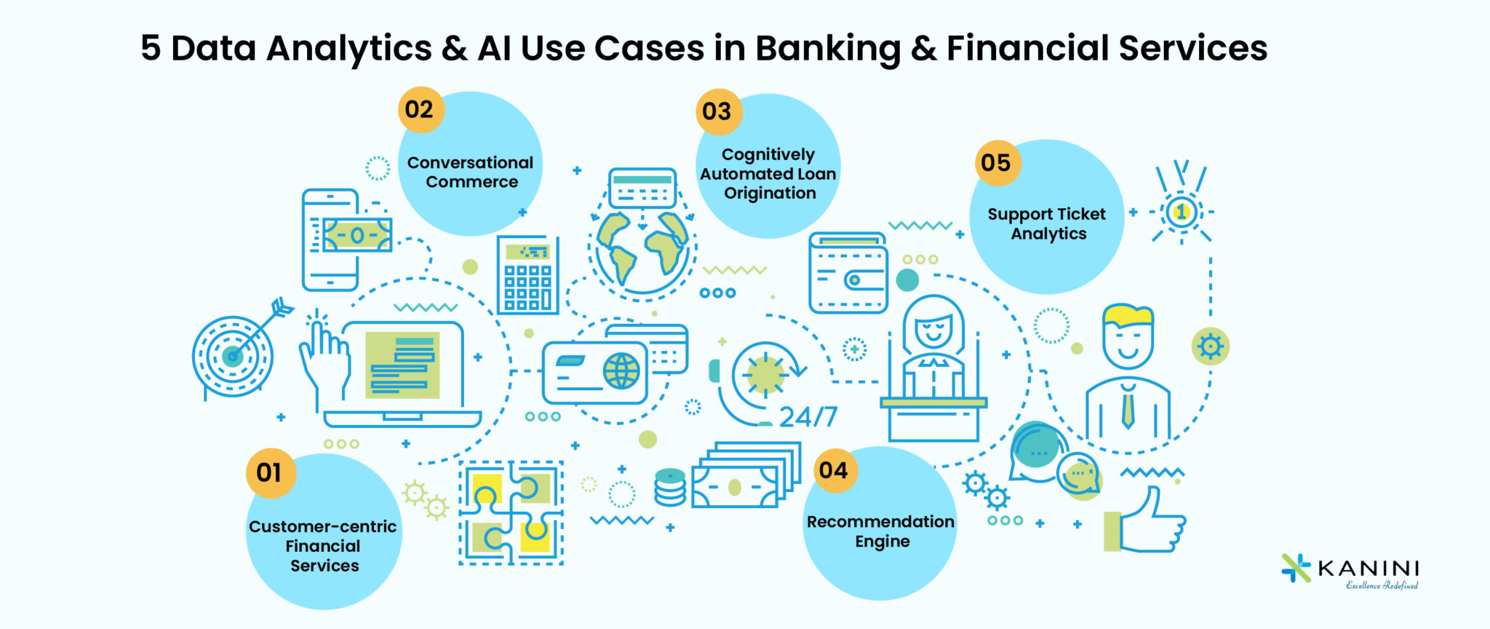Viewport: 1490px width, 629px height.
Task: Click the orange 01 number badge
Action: (x=270, y=473)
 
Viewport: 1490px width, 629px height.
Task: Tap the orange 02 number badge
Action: (x=420, y=110)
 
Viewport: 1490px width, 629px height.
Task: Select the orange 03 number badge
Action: (x=717, y=112)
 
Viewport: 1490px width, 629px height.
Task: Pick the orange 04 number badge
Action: (x=834, y=470)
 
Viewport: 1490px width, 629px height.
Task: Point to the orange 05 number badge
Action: (x=996, y=163)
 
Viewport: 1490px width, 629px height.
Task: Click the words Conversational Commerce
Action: (x=470, y=173)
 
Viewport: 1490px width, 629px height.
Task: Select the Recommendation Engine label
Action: (x=880, y=531)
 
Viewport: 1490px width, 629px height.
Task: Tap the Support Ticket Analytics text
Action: (x=1047, y=223)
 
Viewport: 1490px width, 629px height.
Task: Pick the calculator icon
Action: (x=528, y=275)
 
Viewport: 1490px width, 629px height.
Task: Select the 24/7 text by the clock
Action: (x=808, y=417)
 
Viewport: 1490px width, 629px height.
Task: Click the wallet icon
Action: (x=848, y=274)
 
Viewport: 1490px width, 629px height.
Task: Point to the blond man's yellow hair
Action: (x=1128, y=315)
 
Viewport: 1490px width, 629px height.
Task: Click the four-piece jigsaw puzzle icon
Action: (x=511, y=513)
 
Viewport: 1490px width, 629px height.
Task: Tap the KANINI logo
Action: (x=1350, y=571)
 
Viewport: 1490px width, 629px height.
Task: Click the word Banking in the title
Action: (x=828, y=49)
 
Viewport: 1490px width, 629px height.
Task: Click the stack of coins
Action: (x=670, y=488)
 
